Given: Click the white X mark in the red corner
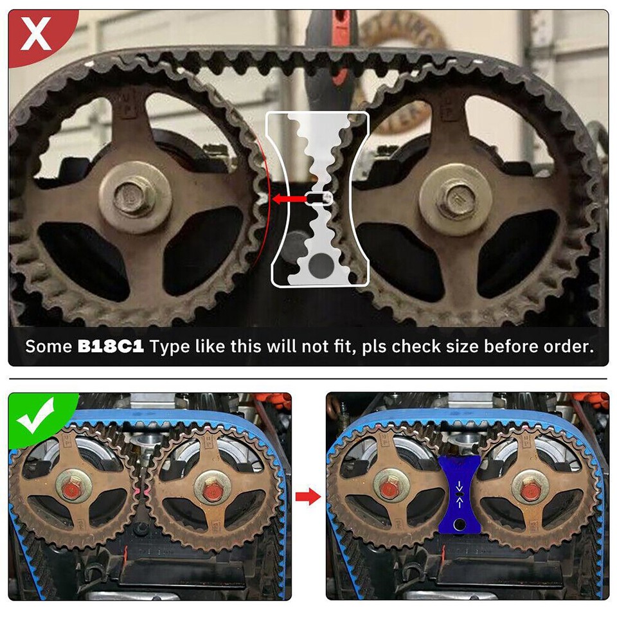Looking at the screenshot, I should coord(36,34).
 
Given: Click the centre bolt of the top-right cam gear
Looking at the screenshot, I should coord(456,195).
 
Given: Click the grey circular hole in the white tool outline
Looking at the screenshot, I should coord(319,264).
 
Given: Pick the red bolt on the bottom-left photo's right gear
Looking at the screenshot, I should coord(211,492).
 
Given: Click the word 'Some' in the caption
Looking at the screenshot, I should coord(48,346).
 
